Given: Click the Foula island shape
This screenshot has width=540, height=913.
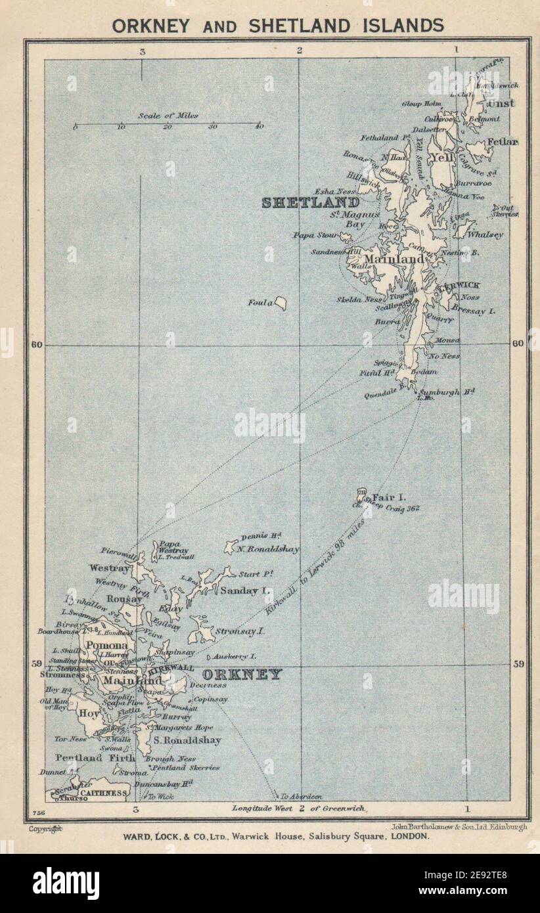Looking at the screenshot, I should coord(281,303).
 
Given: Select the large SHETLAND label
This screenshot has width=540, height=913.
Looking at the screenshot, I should coord(310,203).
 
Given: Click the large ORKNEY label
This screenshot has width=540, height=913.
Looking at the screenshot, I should coord(242,675).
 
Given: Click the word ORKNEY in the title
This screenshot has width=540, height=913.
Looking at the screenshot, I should coord(152,26).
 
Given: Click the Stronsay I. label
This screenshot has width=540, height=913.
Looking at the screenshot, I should coord(241,631).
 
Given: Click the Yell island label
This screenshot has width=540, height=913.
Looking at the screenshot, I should coord(438,157).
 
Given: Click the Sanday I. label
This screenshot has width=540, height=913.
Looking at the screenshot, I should coord(246,590).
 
